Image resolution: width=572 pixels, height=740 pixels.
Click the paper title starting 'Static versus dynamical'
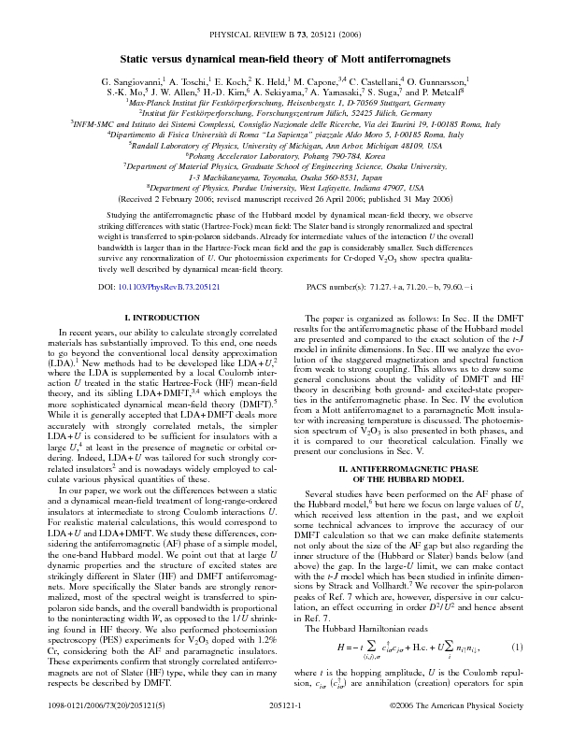tap(286, 34)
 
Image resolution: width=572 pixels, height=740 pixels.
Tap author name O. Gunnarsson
tap(440, 58)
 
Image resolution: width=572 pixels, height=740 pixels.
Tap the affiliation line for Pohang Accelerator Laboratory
tap(286, 156)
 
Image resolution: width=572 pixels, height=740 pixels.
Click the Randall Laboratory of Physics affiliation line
tap(286, 146)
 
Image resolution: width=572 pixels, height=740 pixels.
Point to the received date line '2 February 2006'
tap(286, 199)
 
